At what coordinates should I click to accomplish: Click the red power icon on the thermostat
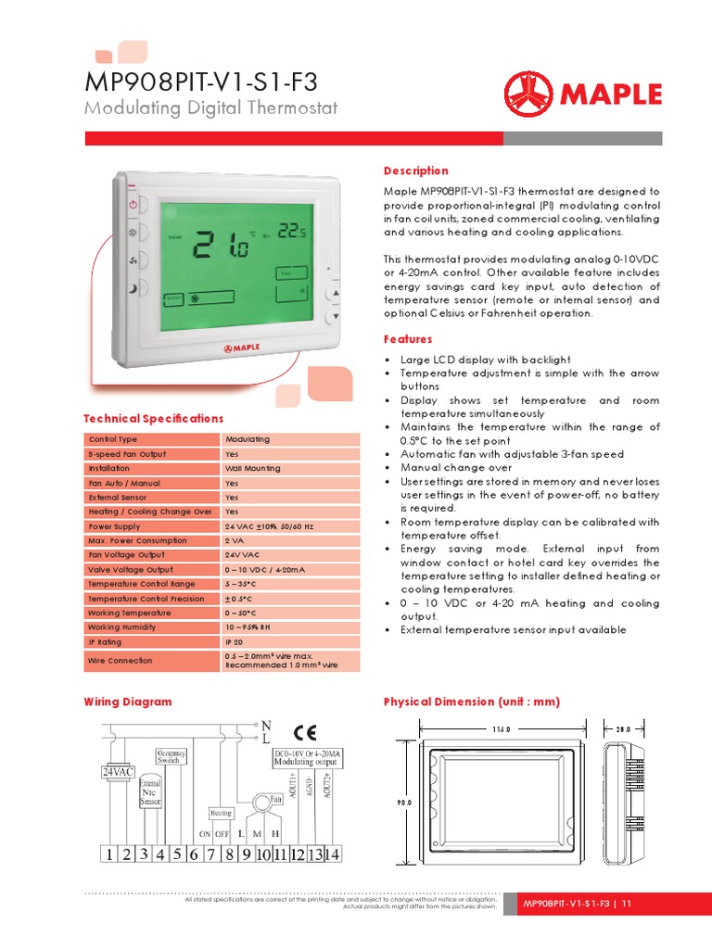pos(133,204)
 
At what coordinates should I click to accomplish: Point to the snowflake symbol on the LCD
pos(195,299)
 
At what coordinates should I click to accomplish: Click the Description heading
pos(415,171)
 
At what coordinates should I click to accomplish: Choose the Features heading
pos(409,339)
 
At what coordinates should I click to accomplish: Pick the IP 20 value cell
pos(235,641)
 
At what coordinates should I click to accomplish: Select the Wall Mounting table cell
pos(252,468)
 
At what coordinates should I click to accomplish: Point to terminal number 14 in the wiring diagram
pos(331,854)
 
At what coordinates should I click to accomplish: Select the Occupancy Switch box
pos(172,756)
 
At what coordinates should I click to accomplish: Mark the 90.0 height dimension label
pos(402,803)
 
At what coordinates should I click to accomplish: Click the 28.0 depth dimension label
pos(622,729)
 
